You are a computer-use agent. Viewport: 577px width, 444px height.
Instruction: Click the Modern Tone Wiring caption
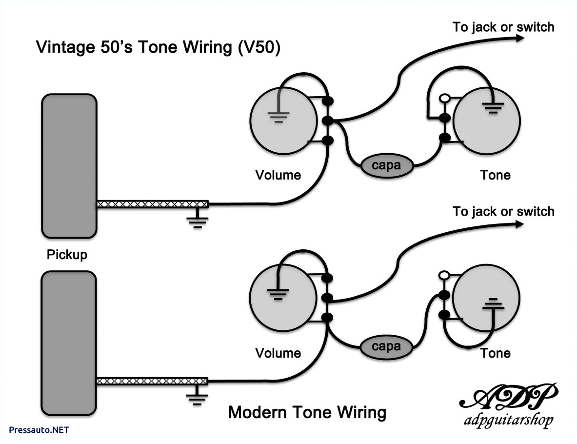tap(307, 413)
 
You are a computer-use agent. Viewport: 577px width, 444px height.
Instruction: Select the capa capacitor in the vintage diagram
tap(386, 165)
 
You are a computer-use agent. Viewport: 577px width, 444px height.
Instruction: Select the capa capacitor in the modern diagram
tap(386, 347)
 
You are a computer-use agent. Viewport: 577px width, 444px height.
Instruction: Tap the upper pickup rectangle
tap(69, 166)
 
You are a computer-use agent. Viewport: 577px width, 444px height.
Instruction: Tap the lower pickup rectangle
tap(69, 344)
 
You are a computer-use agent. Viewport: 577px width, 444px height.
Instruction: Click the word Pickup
tap(67, 255)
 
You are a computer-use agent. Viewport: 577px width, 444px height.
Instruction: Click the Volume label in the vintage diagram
tap(279, 175)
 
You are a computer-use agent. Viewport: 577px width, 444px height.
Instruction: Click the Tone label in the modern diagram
tap(495, 353)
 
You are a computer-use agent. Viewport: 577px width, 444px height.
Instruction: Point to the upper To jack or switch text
tap(503, 27)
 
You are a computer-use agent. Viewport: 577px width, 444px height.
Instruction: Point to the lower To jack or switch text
tap(503, 211)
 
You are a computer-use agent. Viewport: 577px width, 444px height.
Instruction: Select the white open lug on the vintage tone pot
tap(444, 98)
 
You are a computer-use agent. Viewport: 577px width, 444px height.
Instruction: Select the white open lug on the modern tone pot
tap(444, 276)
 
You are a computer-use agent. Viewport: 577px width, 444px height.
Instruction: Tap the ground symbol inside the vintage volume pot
tap(279, 116)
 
